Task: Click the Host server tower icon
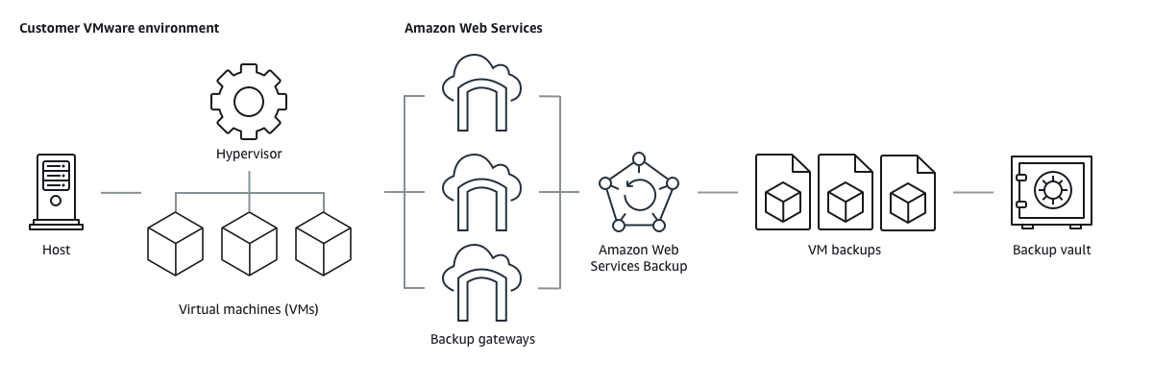click(x=56, y=192)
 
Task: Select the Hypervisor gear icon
click(x=249, y=100)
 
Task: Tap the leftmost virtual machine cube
click(x=175, y=244)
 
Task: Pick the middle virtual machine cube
click(x=249, y=244)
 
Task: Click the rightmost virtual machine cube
click(x=323, y=244)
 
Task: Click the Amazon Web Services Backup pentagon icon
click(x=637, y=192)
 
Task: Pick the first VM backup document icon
click(x=783, y=192)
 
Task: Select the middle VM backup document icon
click(x=846, y=192)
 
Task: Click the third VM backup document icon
click(x=908, y=192)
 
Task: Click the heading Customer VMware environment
click(x=119, y=28)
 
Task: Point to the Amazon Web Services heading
click(x=473, y=28)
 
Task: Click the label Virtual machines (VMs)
click(x=249, y=309)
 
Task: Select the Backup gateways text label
click(x=482, y=339)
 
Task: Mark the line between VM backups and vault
click(x=972, y=192)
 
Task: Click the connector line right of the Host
click(x=121, y=193)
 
